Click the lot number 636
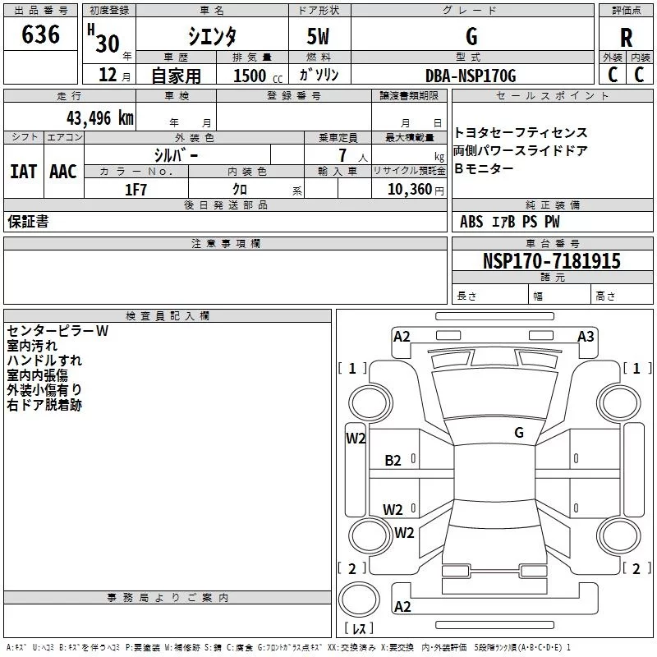(41, 34)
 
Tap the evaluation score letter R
(626, 37)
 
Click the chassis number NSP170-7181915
(552, 262)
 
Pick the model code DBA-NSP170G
(471, 76)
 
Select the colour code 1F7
(136, 190)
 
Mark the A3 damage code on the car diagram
(586, 336)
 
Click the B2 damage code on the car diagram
(393, 461)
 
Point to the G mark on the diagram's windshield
(518, 432)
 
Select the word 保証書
(28, 222)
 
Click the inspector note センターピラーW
(57, 331)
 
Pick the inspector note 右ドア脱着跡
(44, 405)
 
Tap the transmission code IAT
(23, 171)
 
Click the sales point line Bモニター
(484, 168)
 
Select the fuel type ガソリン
(319, 76)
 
